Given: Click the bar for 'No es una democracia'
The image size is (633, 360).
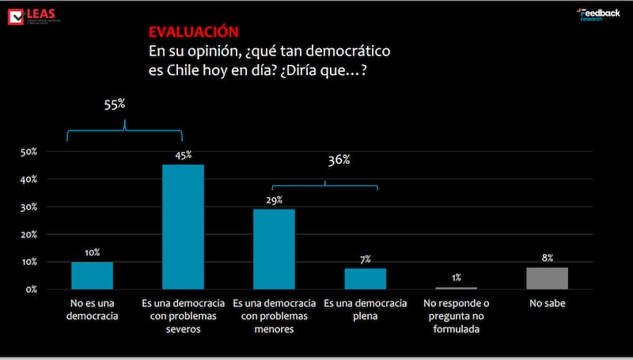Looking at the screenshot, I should pos(92,275).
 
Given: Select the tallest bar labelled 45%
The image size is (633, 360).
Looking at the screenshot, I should pos(183,226).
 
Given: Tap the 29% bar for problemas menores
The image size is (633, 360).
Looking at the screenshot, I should pos(274,248).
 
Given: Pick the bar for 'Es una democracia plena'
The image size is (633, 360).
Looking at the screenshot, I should pos(365,279).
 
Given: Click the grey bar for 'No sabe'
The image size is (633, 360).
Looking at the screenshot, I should pos(547,278).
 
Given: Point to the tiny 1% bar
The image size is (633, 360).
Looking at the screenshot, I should pos(456,288).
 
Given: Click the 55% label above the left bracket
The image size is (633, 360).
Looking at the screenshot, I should pos(116,104).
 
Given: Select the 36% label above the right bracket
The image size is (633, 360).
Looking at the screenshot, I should pos(339,160).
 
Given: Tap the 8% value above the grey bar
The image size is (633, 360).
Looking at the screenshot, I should pos(548,258).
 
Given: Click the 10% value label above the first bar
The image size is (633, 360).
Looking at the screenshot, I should pos(92,252).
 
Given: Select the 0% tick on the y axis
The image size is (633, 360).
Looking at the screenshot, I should pos(31,290).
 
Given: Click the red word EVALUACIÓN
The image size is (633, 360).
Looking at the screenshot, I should pos(193,32).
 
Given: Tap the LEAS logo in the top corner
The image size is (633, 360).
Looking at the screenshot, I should pos(32,15).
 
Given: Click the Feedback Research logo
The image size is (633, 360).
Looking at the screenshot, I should pos(598,14).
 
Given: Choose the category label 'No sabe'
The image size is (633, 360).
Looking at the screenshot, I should pos(547,304).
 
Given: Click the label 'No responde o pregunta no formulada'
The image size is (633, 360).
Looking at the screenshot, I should pos(456,316).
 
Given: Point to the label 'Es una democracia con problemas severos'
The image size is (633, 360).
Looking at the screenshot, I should pos(183,316).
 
